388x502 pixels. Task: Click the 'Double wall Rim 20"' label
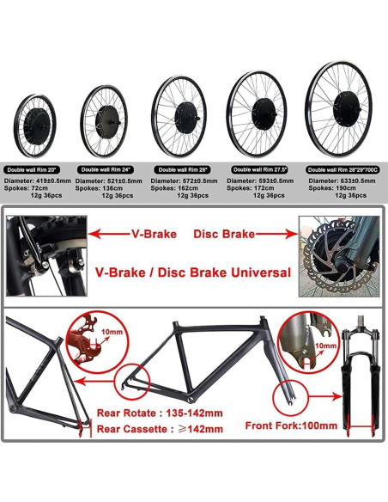33,170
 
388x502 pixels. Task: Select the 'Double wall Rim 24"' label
106,170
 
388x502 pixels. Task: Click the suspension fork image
360,378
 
